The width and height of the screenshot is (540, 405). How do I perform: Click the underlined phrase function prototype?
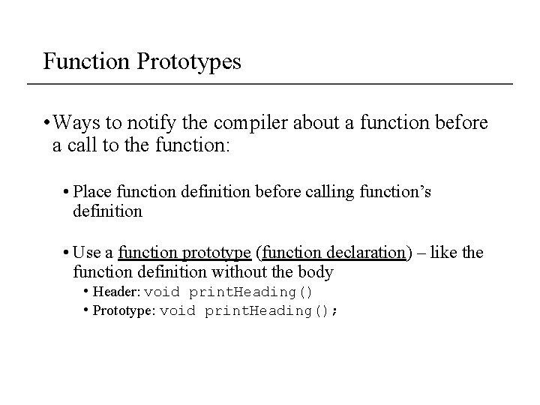pyautogui.click(x=185, y=253)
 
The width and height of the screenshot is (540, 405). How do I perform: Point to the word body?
pyautogui.click(x=314, y=271)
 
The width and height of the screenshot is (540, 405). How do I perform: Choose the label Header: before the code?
pyautogui.click(x=115, y=292)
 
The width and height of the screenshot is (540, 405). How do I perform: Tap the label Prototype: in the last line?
pyautogui.click(x=124, y=310)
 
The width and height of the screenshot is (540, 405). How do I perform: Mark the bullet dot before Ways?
pyautogui.click(x=46, y=122)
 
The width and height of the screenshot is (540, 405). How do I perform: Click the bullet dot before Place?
pyautogui.click(x=67, y=193)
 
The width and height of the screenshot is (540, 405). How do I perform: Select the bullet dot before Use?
pyautogui.click(x=67, y=253)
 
